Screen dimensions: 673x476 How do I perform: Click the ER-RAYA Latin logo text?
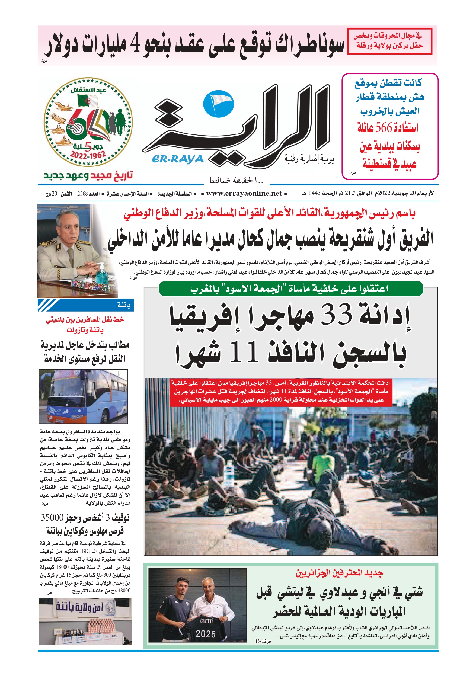pos(178,159)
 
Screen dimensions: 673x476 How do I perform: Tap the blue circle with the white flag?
pos(219,104)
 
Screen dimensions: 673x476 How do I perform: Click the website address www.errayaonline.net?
pos(244,193)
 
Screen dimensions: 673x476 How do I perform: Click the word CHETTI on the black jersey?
pos(206,621)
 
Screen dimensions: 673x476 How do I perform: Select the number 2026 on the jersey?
pos(206,634)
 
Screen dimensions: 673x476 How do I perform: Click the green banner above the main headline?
pos(291,289)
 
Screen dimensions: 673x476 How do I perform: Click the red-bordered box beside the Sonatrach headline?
pos(389,41)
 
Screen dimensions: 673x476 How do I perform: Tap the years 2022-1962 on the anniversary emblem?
pos(88,155)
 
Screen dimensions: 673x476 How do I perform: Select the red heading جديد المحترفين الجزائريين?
pos(339,573)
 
